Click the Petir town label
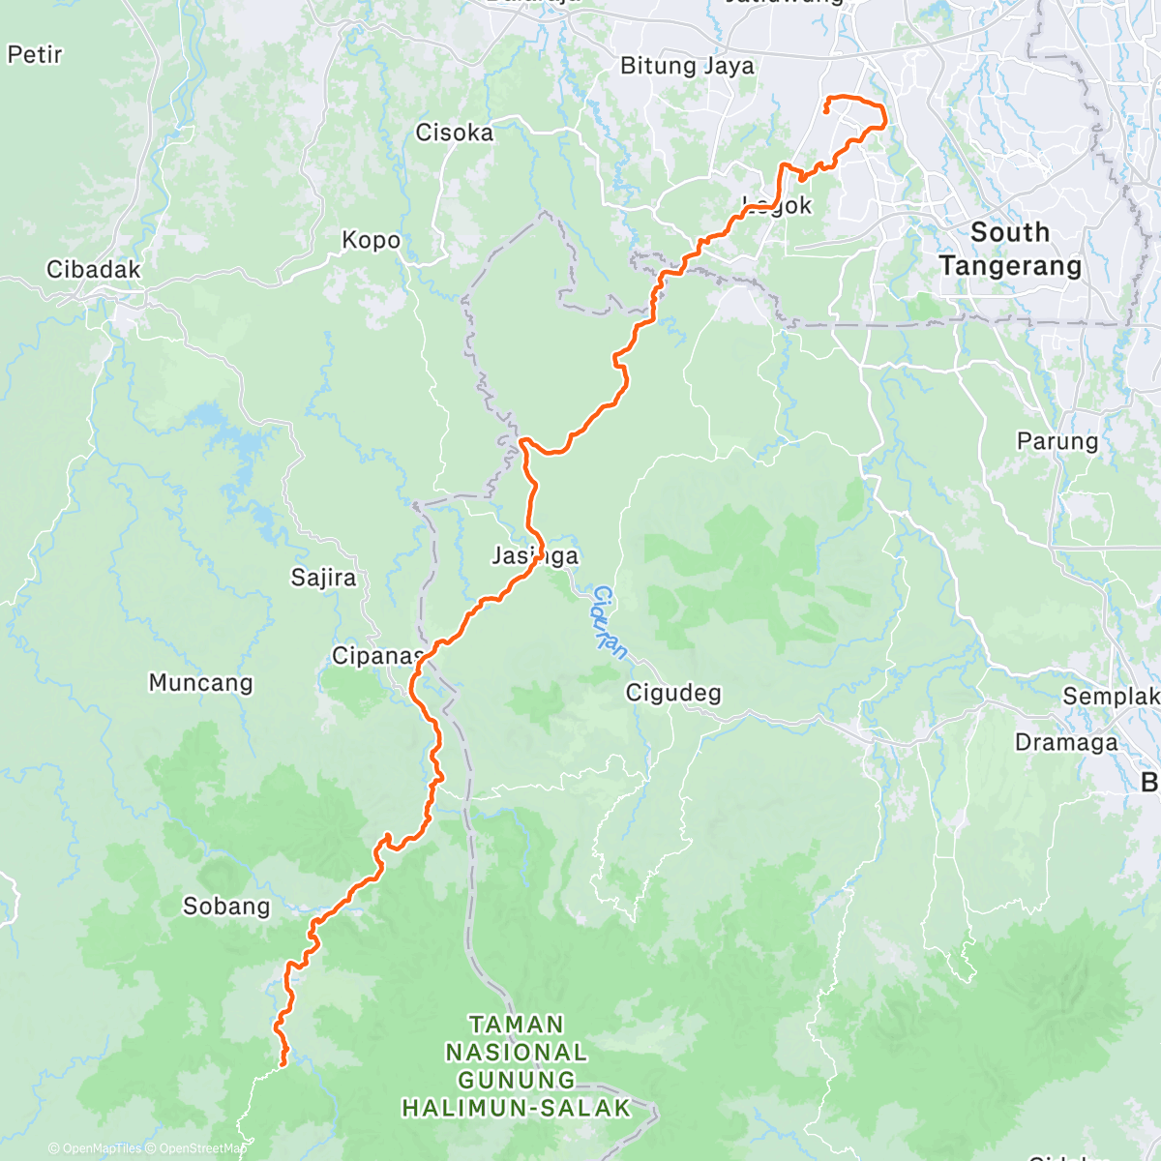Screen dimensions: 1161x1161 pyautogui.click(x=35, y=55)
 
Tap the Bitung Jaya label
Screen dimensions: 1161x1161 pyautogui.click(x=687, y=66)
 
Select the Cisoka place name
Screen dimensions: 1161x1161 pyautogui.click(x=454, y=133)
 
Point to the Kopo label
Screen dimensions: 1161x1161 pyautogui.click(x=371, y=240)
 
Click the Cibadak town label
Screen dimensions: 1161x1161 pyautogui.click(x=94, y=270)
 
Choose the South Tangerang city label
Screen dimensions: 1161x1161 pyautogui.click(x=1010, y=249)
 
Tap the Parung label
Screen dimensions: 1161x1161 pyautogui.click(x=1057, y=442)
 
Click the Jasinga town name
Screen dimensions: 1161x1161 pyautogui.click(x=535, y=555)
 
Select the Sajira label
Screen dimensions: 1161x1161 pyautogui.click(x=323, y=578)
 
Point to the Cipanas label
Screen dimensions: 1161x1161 pyautogui.click(x=377, y=656)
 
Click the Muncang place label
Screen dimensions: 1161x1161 pyautogui.click(x=200, y=683)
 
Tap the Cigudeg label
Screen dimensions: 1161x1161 pyautogui.click(x=673, y=693)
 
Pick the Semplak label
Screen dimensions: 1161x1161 pyautogui.click(x=1111, y=697)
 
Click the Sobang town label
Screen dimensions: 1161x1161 pyautogui.click(x=226, y=907)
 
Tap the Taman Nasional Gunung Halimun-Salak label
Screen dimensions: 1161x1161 pyautogui.click(x=516, y=1065)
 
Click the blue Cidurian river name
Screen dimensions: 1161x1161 pyautogui.click(x=610, y=622)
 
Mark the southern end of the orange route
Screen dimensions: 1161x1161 pyautogui.click(x=283, y=1064)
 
